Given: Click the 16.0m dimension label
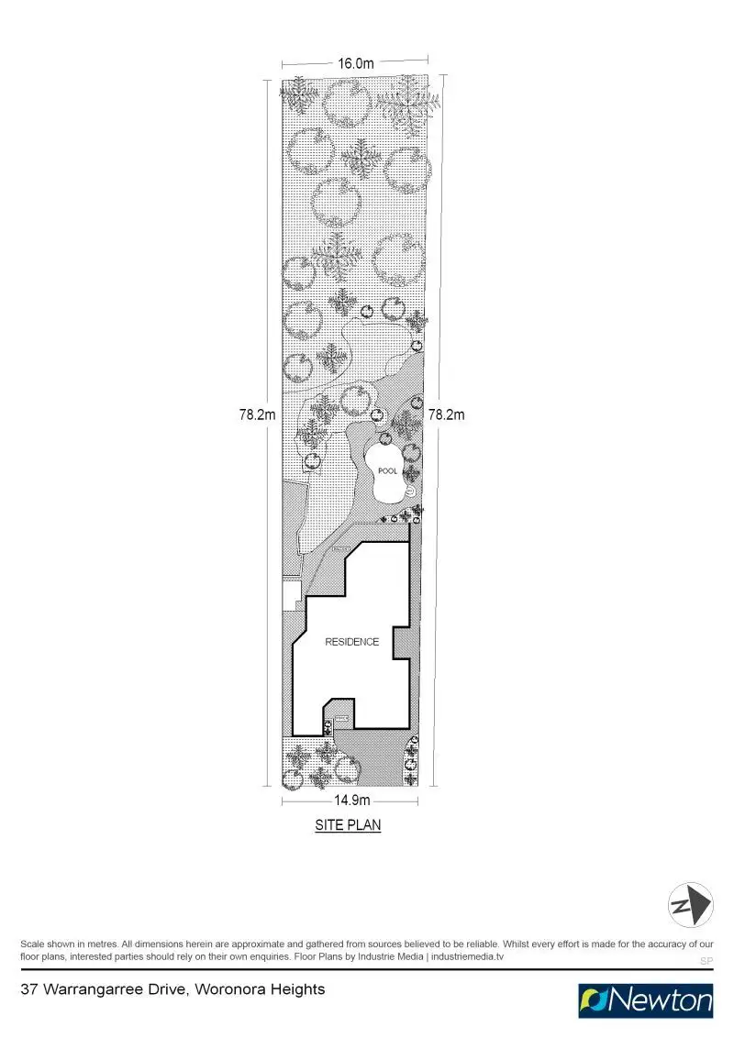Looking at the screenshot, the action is [356, 63].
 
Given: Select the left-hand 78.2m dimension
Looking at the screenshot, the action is [258, 414].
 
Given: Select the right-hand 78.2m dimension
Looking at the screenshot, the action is [447, 414].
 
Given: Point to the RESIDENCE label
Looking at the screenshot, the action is [351, 642].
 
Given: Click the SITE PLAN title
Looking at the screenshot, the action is [348, 825].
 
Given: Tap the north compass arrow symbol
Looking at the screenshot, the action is [691, 904].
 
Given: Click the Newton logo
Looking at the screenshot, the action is [646, 1000].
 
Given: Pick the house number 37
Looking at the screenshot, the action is [28, 989].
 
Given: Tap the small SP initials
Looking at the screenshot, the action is [706, 961].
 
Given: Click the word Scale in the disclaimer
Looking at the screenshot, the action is [33, 944].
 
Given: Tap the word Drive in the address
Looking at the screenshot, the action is [172, 989].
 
